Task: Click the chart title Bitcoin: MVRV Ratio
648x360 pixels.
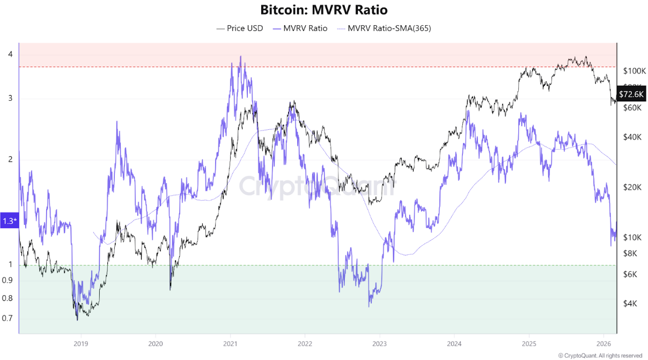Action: pyautogui.click(x=323, y=10)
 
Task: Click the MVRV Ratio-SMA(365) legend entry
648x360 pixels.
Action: pyautogui.click(x=384, y=28)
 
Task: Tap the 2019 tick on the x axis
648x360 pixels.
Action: pyautogui.click(x=80, y=343)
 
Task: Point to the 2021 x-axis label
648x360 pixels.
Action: pyautogui.click(x=230, y=343)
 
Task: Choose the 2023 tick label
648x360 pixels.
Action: pyautogui.click(x=379, y=343)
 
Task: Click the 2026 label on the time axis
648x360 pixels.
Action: pyautogui.click(x=604, y=343)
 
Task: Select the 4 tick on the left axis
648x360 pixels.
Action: pyautogui.click(x=10, y=54)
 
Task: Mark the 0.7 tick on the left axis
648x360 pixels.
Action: pyautogui.click(x=8, y=318)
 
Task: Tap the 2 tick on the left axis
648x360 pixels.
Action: pyautogui.click(x=10, y=159)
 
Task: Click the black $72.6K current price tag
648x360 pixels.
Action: pyautogui.click(x=631, y=94)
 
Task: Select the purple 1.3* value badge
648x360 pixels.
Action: pyautogui.click(x=9, y=221)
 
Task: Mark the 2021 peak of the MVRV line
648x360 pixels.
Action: pyautogui.click(x=240, y=56)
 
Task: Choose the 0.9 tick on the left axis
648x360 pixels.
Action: pyautogui.click(x=8, y=280)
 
